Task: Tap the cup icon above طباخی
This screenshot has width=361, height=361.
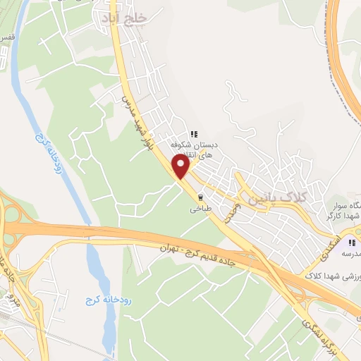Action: click(200, 197)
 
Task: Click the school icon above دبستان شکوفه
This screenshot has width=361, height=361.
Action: click(193, 134)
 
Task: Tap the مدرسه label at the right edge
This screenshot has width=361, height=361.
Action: click(351, 252)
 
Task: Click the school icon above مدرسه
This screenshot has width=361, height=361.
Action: click(351, 241)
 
